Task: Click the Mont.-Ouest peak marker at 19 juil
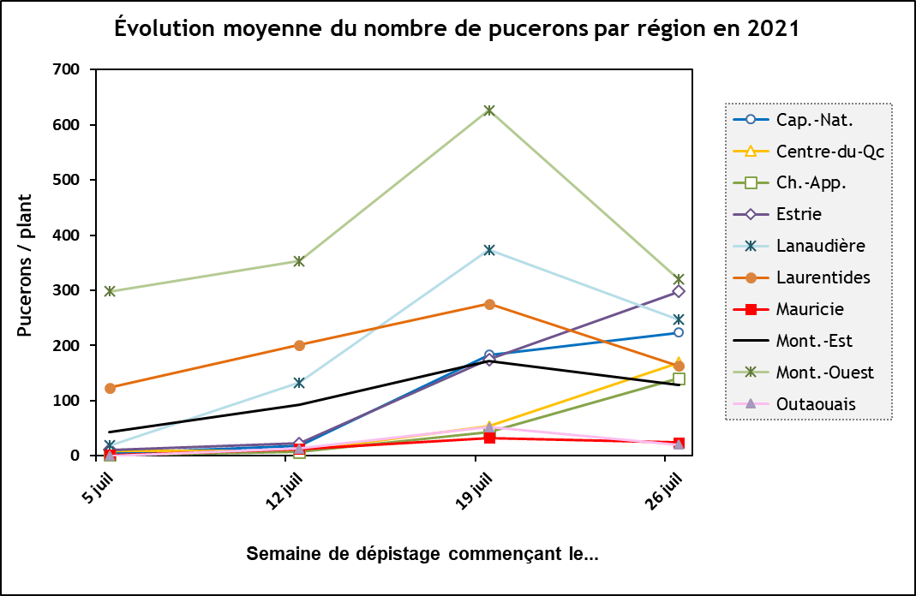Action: coord(489,110)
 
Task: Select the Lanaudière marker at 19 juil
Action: coord(489,250)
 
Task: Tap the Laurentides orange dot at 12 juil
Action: coord(299,345)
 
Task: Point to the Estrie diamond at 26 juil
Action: coord(679,291)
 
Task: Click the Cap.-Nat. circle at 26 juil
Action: coord(679,332)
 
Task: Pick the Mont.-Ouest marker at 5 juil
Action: coord(110,291)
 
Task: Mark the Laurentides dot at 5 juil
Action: coord(110,388)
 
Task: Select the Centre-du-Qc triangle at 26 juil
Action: coord(679,363)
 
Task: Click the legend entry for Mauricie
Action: coord(809,309)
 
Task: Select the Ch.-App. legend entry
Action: coord(809,182)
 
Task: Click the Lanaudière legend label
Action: coord(820,246)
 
